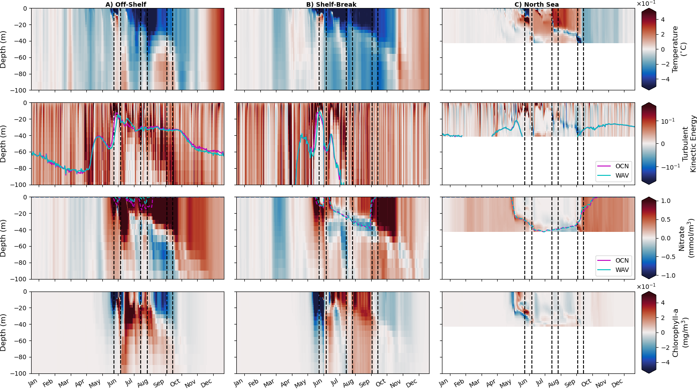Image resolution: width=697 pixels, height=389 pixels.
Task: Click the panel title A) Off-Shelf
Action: (126, 4)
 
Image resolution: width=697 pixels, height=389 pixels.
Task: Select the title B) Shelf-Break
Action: (331, 4)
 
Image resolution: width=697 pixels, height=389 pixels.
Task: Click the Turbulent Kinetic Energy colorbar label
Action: (689, 143)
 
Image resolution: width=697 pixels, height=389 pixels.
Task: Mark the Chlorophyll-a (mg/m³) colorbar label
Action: (679, 332)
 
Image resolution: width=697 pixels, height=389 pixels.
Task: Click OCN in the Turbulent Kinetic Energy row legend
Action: (622, 166)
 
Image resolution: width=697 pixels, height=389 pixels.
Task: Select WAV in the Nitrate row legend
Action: (622, 270)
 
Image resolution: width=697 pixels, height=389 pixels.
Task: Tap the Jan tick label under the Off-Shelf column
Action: (33, 382)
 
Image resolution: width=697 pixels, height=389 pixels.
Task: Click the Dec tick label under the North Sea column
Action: (617, 383)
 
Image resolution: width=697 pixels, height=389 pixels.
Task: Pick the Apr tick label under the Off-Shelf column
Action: (80, 383)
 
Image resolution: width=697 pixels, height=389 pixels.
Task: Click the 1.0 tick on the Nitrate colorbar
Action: (666, 201)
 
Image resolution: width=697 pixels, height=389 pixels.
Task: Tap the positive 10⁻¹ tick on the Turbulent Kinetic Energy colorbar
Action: (667, 121)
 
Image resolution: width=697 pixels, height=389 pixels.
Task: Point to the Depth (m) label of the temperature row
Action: (4, 49)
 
